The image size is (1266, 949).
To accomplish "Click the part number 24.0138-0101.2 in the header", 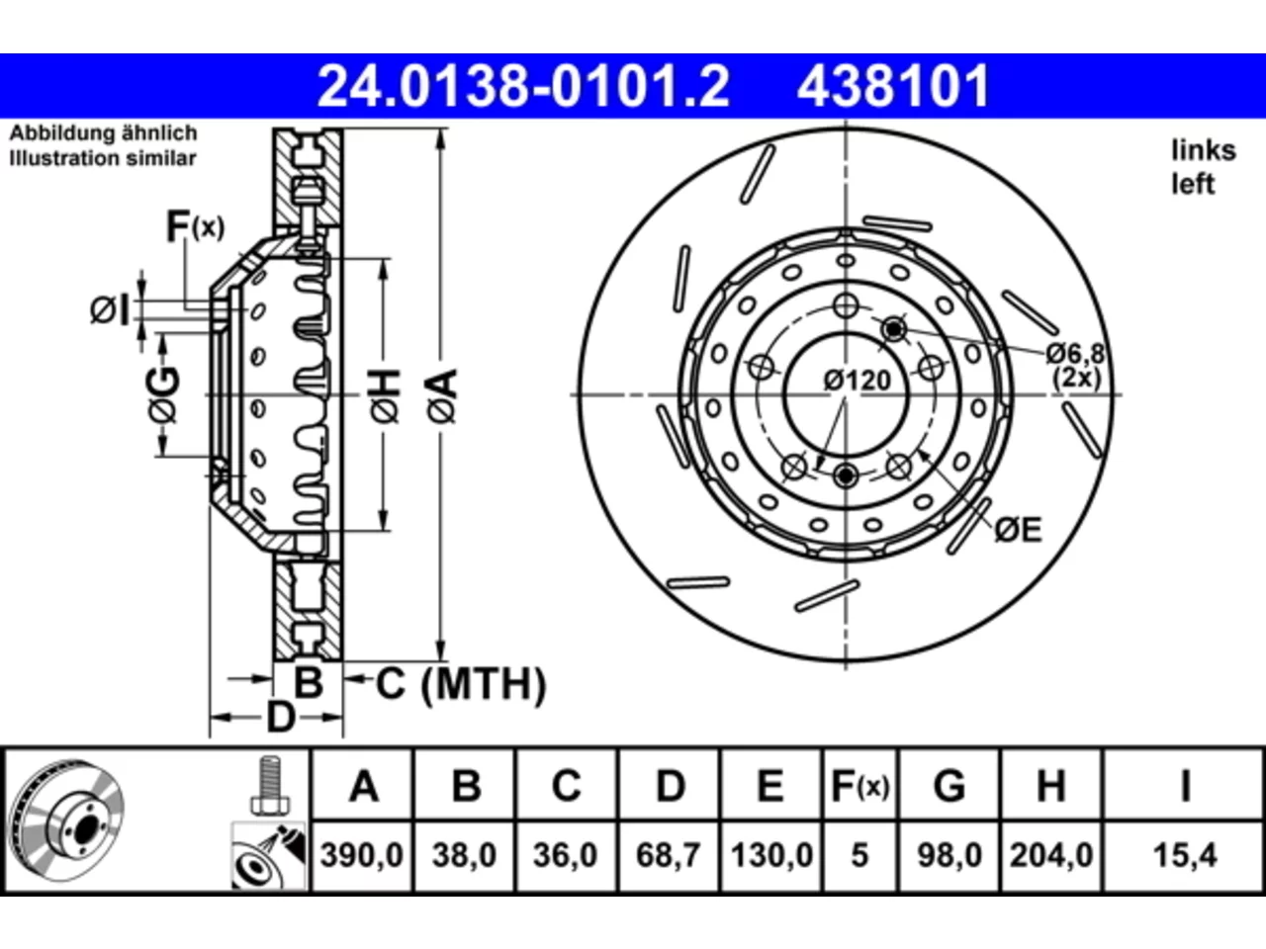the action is [523, 86].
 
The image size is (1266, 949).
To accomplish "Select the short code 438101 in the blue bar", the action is [893, 86].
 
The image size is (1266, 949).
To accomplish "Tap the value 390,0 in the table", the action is [362, 854].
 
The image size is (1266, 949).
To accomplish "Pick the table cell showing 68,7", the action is [668, 854].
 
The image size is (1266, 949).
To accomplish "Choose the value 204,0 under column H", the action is [1050, 854].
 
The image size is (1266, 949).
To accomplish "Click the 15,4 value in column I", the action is [1185, 854].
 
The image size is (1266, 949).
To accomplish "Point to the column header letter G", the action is [949, 785].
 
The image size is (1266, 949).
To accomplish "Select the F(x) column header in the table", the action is [859, 785].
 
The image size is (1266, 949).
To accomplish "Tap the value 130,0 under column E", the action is [771, 854].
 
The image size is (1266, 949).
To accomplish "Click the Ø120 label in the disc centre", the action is [858, 381].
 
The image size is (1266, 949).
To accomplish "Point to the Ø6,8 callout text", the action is [1075, 353].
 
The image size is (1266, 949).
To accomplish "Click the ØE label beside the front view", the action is [1019, 530].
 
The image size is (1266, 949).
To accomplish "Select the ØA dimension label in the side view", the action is [442, 395].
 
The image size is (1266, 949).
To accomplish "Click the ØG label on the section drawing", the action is [163, 394].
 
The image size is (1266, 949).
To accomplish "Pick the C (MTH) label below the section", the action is [461, 684].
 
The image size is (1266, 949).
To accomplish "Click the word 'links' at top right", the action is [1204, 151].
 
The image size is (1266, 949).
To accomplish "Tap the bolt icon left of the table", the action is [269, 785].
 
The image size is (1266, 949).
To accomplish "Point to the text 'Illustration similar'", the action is [103, 158].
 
